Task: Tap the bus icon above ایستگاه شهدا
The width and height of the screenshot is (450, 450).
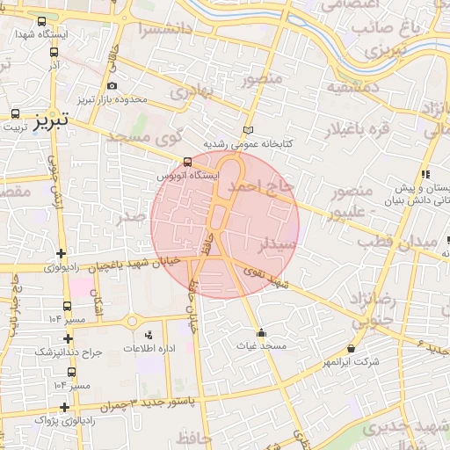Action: (x=42, y=21)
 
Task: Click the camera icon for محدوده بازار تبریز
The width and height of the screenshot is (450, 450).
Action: (x=112, y=86)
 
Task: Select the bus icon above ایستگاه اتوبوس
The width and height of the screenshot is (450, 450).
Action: (x=186, y=163)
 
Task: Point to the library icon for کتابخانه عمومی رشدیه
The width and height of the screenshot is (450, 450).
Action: (x=248, y=129)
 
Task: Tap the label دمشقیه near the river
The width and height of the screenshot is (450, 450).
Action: (x=353, y=88)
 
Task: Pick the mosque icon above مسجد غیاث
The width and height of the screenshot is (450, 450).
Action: (x=261, y=332)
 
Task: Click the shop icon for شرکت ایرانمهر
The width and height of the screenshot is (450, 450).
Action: (x=352, y=347)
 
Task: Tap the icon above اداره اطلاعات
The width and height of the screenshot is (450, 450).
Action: (x=148, y=335)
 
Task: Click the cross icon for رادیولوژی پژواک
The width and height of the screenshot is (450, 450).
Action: (x=64, y=407)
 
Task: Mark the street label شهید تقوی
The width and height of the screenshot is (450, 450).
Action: (x=268, y=279)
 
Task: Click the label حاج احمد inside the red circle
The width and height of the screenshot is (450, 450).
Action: (x=258, y=187)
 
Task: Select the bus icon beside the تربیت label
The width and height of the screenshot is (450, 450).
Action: (x=16, y=114)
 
